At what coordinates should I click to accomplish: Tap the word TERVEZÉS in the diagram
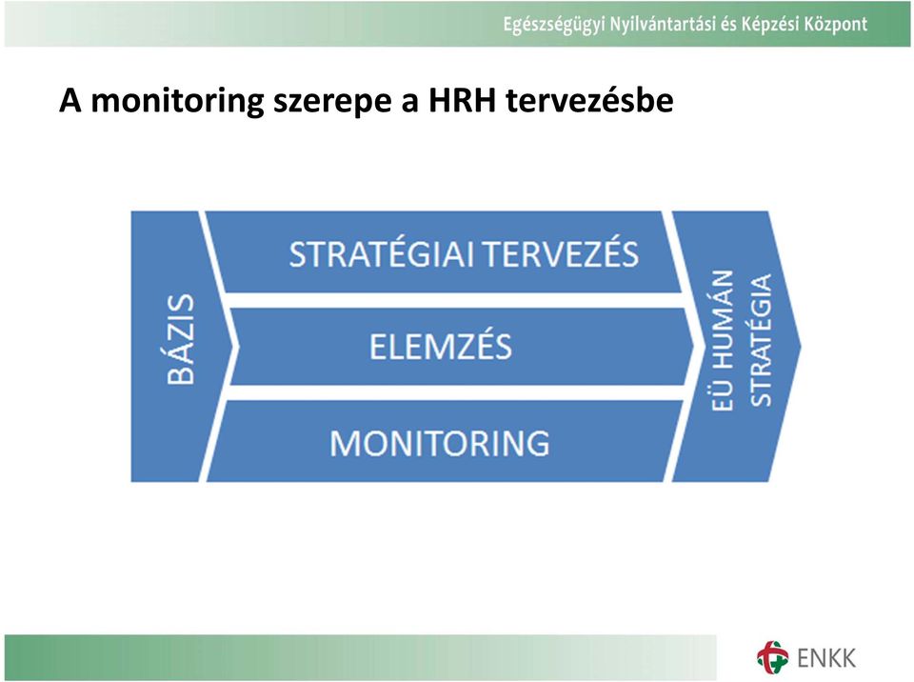point(561,253)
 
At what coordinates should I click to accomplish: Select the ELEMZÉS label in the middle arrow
point(441,346)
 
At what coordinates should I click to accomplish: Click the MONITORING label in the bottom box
point(440,443)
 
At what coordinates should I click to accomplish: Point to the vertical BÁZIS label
point(180,339)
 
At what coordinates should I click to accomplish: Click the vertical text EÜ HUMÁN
point(722,341)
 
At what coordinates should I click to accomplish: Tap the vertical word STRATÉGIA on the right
point(760,340)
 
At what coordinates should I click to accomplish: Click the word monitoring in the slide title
point(178,101)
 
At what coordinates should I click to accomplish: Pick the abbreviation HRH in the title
point(462,100)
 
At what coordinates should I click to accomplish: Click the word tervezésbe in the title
point(589,100)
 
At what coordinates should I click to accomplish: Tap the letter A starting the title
point(70,100)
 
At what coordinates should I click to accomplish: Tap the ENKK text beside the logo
point(826,658)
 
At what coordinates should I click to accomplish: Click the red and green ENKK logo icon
point(772,657)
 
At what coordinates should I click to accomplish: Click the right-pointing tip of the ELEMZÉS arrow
point(694,347)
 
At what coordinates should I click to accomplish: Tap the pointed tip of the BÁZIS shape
point(238,347)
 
